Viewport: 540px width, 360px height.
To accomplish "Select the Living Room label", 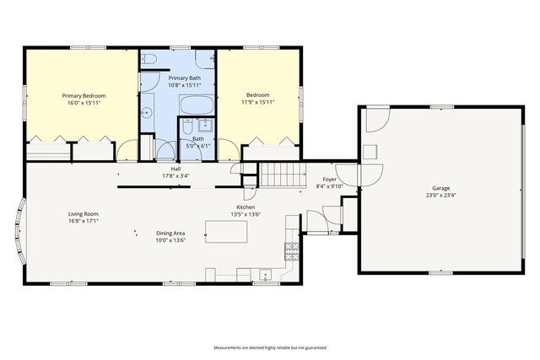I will click(84, 214).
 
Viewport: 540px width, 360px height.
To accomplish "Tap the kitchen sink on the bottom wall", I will click(265, 274).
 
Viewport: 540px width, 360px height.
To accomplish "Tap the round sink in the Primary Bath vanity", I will click(147, 110).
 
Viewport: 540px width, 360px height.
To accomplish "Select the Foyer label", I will click(330, 180).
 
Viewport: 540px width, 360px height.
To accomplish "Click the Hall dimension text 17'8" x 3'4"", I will click(175, 176).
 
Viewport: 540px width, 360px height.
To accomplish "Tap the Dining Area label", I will click(170, 234).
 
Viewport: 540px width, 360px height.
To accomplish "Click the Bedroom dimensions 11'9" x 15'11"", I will click(257, 103).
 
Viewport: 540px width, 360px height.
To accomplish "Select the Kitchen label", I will click(246, 207).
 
